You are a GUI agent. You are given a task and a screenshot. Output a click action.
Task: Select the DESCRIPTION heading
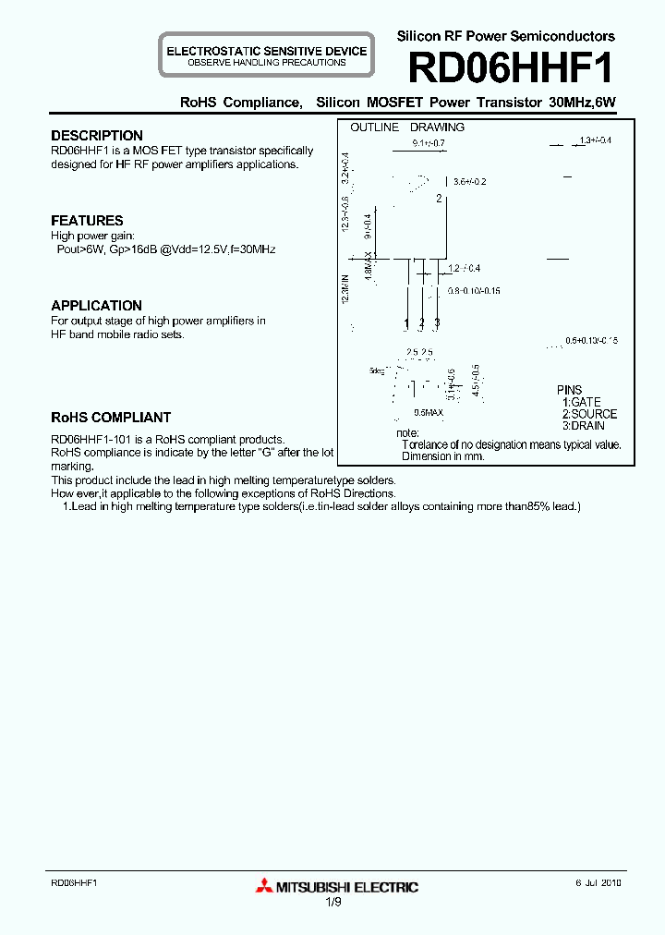[x=97, y=136]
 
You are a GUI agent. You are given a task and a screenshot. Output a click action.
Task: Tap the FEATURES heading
[x=87, y=221]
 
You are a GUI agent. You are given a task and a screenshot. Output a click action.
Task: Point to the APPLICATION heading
[x=96, y=306]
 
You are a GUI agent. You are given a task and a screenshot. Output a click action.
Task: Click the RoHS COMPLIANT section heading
[x=111, y=418]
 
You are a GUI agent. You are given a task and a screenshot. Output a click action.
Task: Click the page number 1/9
[x=332, y=902]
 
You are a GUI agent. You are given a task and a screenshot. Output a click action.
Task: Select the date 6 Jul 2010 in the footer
[x=598, y=883]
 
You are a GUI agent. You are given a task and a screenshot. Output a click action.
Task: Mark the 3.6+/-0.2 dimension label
[x=469, y=181]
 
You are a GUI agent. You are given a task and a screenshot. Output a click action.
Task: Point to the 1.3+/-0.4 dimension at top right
[x=595, y=140]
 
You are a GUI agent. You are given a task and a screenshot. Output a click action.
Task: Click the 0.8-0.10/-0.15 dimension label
[x=474, y=291]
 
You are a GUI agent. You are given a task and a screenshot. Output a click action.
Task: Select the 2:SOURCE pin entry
[x=589, y=414]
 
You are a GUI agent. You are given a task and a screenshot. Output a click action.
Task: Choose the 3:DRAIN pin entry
[x=584, y=426]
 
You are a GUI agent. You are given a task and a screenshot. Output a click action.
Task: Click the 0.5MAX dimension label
[x=429, y=412]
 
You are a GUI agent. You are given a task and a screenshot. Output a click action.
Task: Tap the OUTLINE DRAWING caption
[x=407, y=127]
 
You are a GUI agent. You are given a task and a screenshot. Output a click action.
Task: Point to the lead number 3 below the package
[x=437, y=322]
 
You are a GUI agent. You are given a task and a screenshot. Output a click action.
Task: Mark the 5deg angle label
[x=376, y=370]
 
